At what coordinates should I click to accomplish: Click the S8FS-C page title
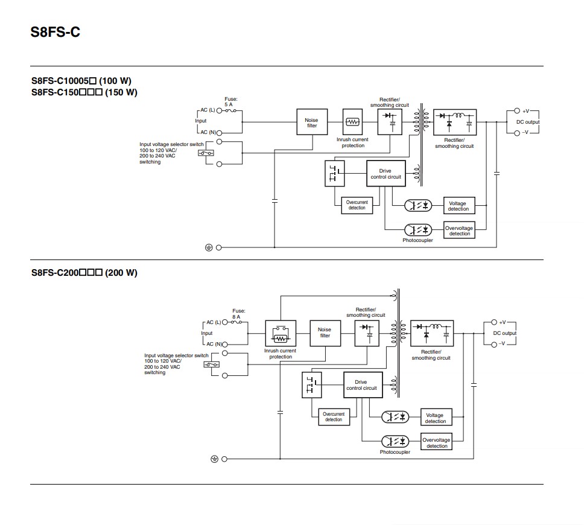pyautogui.click(x=55, y=32)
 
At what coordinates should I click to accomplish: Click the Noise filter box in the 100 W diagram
pyautogui.click(x=312, y=122)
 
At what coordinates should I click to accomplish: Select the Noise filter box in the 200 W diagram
pyautogui.click(x=325, y=332)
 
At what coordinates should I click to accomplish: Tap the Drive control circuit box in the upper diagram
pyautogui.click(x=385, y=174)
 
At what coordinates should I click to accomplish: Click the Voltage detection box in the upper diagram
pyautogui.click(x=458, y=206)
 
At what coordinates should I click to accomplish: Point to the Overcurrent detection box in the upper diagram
pyautogui.click(x=357, y=205)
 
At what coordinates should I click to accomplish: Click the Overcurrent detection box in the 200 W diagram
pyautogui.click(x=334, y=417)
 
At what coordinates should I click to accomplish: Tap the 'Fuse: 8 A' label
pyautogui.click(x=238, y=313)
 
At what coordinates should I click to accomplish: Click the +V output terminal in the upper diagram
pyautogui.click(x=517, y=111)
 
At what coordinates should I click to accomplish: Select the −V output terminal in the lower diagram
pyautogui.click(x=494, y=344)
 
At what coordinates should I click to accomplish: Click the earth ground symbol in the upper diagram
pyautogui.click(x=209, y=247)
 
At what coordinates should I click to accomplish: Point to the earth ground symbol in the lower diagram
pyautogui.click(x=214, y=459)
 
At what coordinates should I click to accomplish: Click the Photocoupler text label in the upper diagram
pyautogui.click(x=417, y=240)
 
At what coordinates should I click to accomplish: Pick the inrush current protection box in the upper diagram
pyautogui.click(x=352, y=122)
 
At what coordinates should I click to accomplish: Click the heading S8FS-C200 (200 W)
pyautogui.click(x=84, y=273)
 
